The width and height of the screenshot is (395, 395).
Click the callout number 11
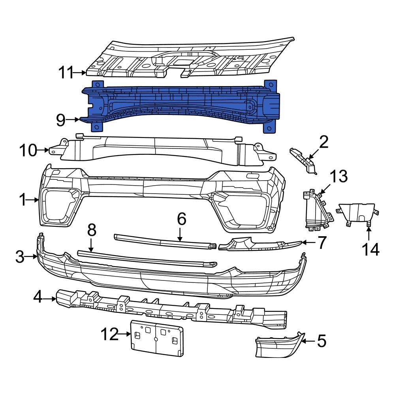66,73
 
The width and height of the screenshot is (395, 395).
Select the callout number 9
60,120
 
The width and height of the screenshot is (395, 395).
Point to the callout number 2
324,142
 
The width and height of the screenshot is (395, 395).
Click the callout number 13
339,177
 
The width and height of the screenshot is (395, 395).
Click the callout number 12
109,335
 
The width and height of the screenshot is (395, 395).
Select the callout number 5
322,341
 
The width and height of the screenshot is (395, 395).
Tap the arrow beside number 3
32,257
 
